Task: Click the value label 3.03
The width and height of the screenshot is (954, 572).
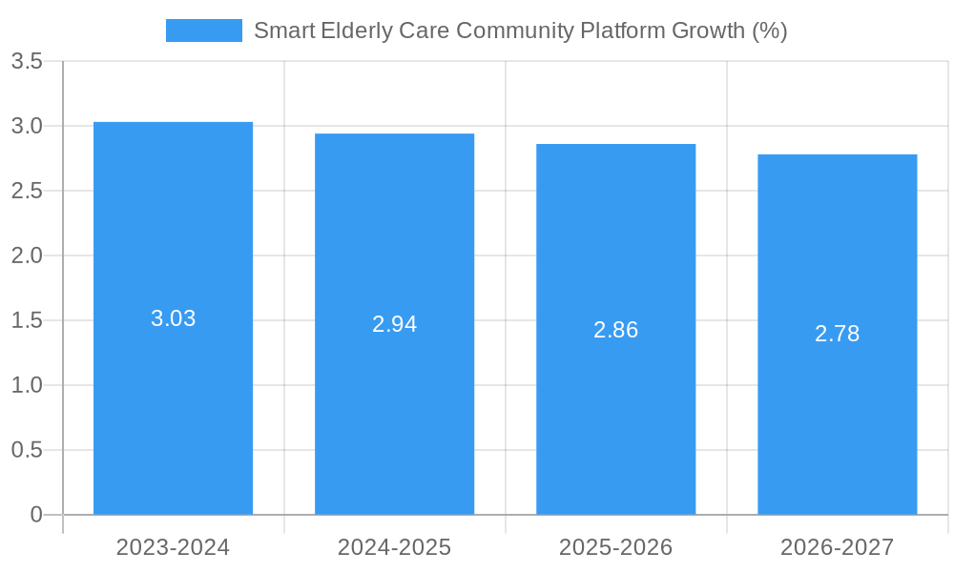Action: click(x=173, y=318)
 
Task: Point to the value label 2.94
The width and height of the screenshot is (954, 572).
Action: click(x=394, y=324)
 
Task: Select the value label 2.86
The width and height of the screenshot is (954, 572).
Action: click(x=615, y=330)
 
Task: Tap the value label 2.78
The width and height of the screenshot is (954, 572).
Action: click(x=837, y=334)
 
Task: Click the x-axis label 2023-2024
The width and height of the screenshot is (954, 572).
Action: click(x=173, y=547)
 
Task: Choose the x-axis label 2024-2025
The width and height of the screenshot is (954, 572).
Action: click(x=394, y=547)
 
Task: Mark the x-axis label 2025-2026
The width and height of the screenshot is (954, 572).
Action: click(x=615, y=547)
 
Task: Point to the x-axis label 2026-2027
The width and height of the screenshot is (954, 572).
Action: click(x=837, y=547)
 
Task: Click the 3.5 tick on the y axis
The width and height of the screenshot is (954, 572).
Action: click(x=27, y=62)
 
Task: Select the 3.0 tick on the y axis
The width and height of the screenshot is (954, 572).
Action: click(x=27, y=126)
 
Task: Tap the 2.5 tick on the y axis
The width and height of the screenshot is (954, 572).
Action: click(x=27, y=191)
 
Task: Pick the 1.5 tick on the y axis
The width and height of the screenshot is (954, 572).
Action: click(x=27, y=320)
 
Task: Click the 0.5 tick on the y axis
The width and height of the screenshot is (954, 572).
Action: click(x=27, y=450)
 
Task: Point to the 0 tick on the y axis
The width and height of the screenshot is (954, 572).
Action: click(x=36, y=515)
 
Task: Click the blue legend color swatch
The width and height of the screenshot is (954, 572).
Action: click(x=203, y=31)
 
